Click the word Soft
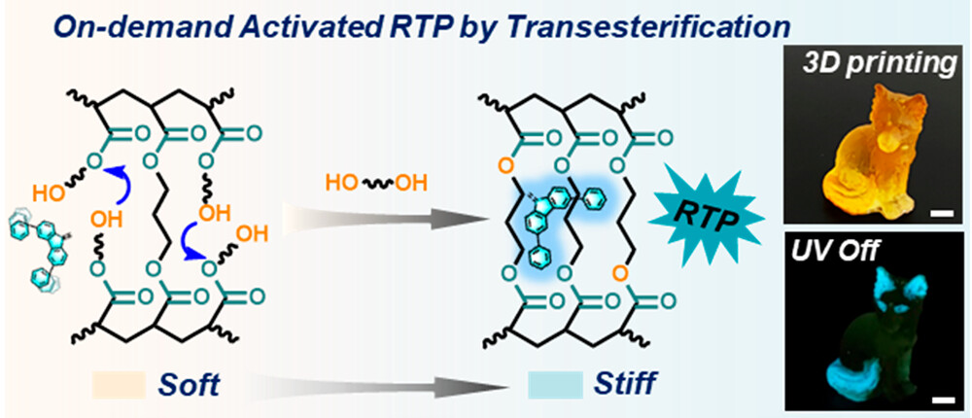[x=190, y=385]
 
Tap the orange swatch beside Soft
[x=118, y=385]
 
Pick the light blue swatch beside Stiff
[x=555, y=385]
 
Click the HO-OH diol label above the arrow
[x=375, y=185]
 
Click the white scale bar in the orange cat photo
[x=940, y=215]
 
